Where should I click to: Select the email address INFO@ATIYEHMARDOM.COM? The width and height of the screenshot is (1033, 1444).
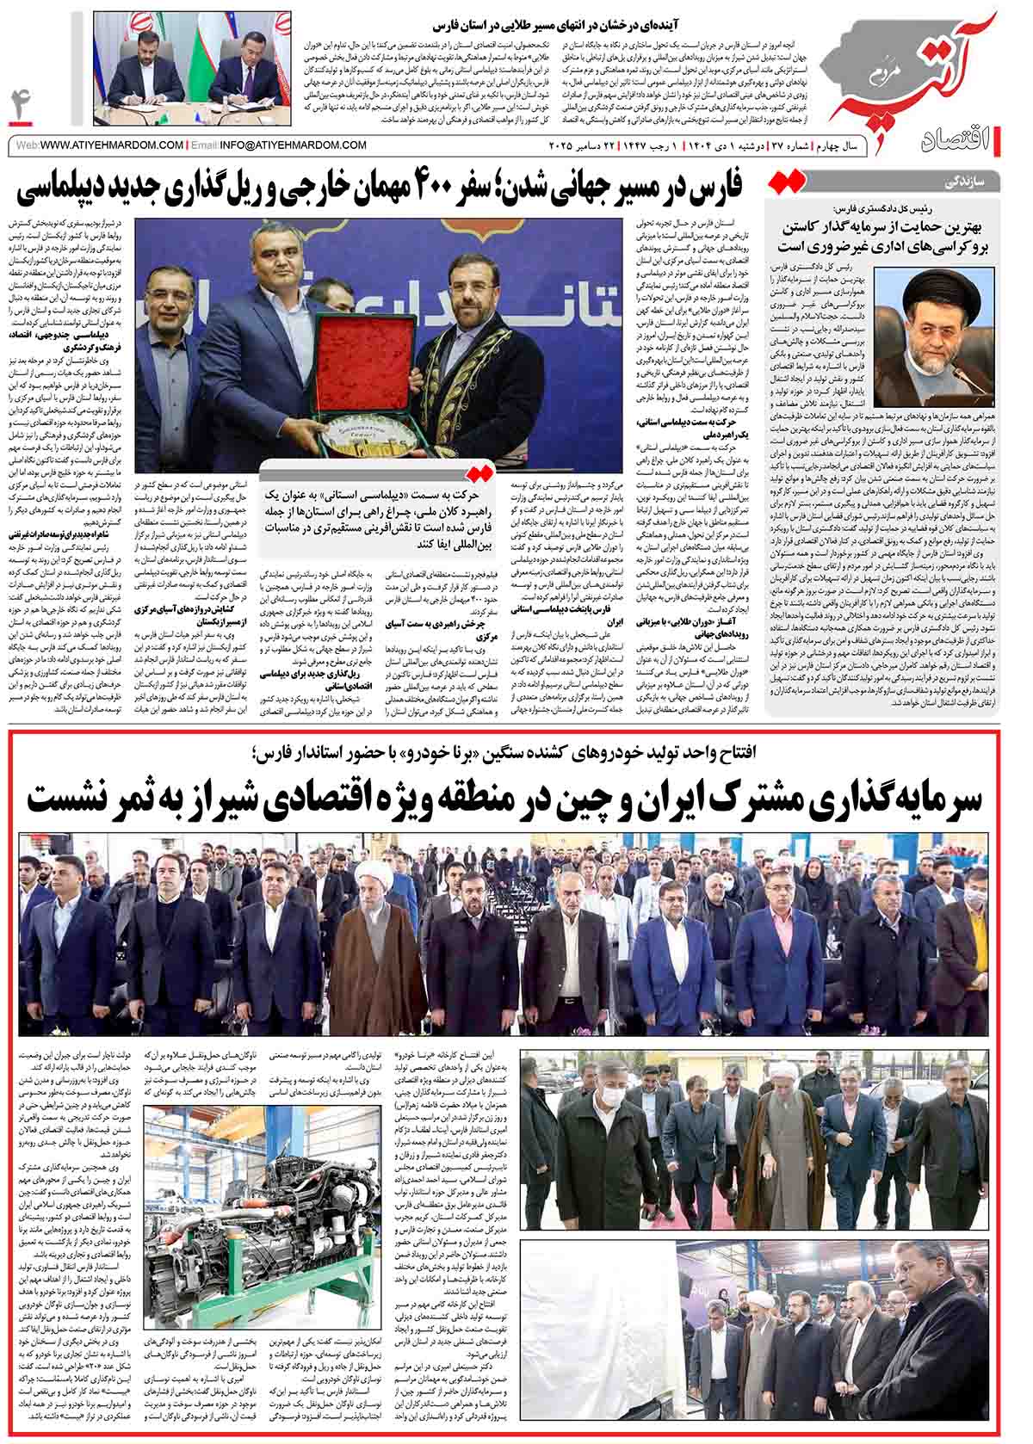[294, 145]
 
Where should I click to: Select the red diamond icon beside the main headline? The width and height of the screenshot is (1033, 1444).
[789, 182]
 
